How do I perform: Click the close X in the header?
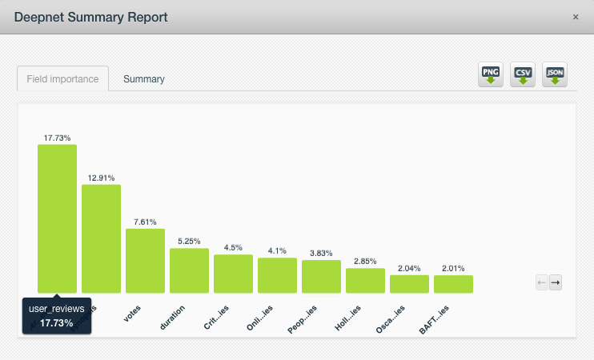pos(576,17)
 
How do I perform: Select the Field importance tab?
pos(62,79)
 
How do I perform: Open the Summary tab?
pos(144,79)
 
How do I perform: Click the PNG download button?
pos(490,75)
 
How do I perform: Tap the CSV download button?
pos(523,75)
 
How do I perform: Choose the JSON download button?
pos(555,75)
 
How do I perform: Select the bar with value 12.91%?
pos(101,238)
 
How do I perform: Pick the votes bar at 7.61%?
pos(145,261)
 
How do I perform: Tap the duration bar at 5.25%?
pos(189,270)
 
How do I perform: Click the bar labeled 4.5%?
pos(233,274)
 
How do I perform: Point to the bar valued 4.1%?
pos(277,275)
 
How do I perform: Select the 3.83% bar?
pos(321,276)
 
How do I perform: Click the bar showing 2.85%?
pos(365,280)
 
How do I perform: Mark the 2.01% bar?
pos(453,284)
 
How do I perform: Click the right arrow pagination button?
pos(555,282)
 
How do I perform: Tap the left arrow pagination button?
pos(542,282)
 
